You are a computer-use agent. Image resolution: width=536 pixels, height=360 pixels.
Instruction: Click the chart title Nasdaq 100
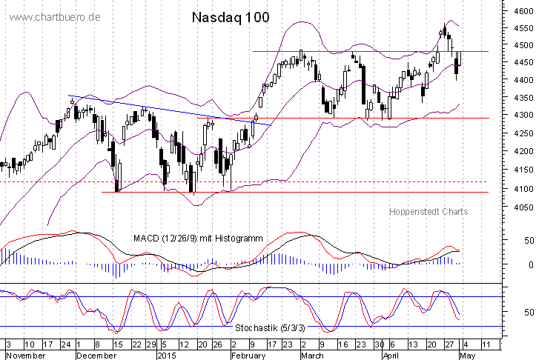tap(231, 16)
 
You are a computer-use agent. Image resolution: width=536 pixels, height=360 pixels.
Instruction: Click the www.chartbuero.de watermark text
tap(50, 16)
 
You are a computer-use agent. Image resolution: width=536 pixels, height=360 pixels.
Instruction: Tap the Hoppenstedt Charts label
tap(429, 212)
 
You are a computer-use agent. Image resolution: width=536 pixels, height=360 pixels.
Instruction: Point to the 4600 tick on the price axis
tap(517, 11)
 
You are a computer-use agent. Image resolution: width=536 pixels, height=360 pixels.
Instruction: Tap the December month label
tap(96, 356)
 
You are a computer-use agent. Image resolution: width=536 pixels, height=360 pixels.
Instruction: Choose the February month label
tap(247, 356)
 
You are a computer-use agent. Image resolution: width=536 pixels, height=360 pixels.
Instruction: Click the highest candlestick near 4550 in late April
tap(444, 30)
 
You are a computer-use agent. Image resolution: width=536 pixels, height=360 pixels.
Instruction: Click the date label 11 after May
tap(486, 345)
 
